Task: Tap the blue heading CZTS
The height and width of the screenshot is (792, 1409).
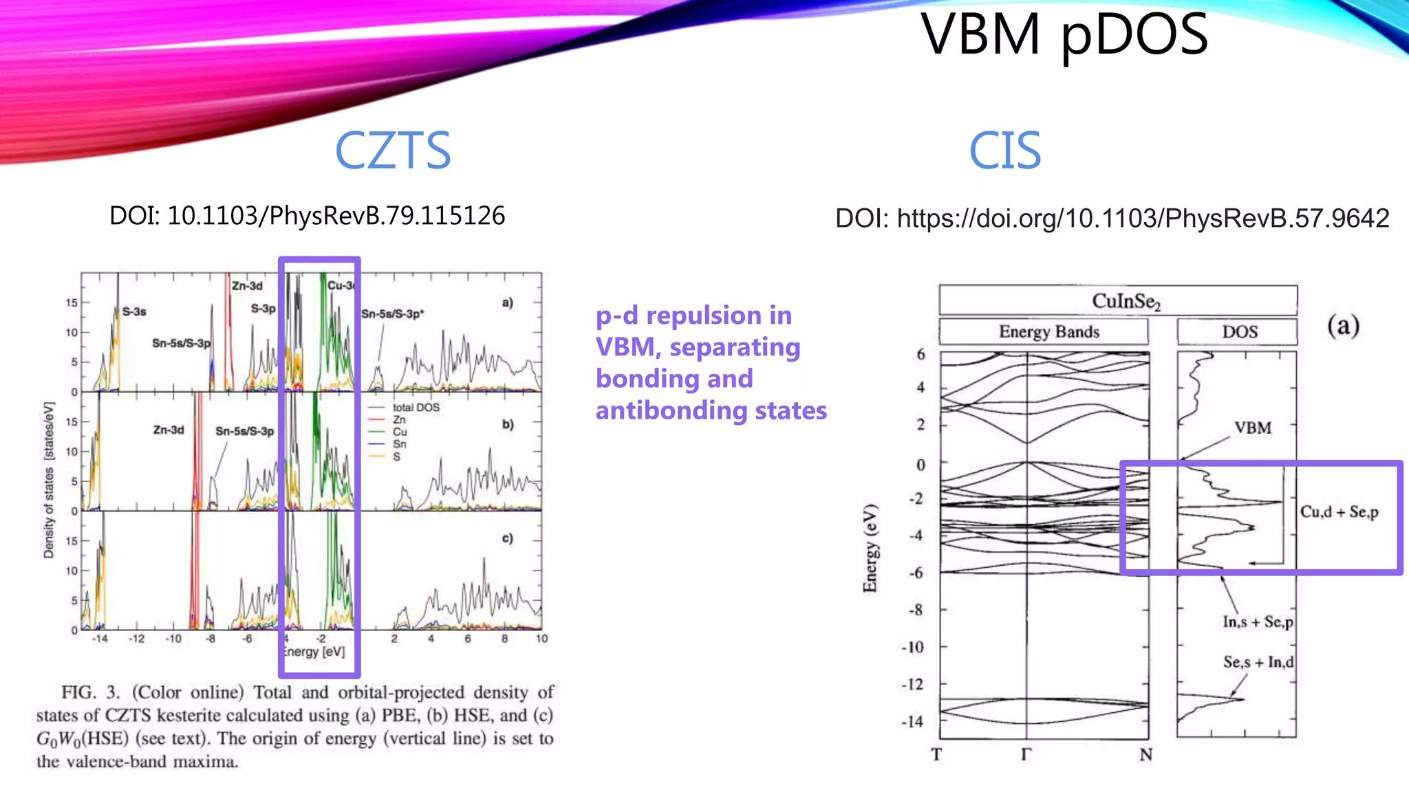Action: pyautogui.click(x=392, y=151)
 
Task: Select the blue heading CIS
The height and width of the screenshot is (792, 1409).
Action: pyautogui.click(x=1004, y=151)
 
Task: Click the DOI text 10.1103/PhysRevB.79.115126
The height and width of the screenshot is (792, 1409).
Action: pyautogui.click(x=308, y=216)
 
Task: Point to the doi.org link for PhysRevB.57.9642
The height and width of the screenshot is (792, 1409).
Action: pyautogui.click(x=1142, y=219)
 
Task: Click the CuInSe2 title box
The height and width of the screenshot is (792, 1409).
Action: pyautogui.click(x=1118, y=300)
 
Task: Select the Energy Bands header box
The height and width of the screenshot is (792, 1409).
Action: pyautogui.click(x=1043, y=331)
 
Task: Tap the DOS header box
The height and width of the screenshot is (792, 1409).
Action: pyautogui.click(x=1237, y=331)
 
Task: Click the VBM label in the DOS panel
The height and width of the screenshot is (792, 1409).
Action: pyautogui.click(x=1252, y=428)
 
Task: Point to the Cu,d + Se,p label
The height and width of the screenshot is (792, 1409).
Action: pyautogui.click(x=1339, y=511)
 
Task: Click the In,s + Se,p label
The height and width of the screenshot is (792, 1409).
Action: pyautogui.click(x=1258, y=622)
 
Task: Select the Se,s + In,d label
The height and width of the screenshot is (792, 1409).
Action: pyautogui.click(x=1258, y=662)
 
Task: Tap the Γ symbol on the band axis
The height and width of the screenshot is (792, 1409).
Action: pyautogui.click(x=1026, y=755)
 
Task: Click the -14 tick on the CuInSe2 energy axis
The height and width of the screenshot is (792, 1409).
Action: pyautogui.click(x=912, y=722)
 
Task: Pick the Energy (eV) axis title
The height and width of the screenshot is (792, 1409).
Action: pyautogui.click(x=870, y=548)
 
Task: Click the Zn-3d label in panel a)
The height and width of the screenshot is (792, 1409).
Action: pyautogui.click(x=247, y=286)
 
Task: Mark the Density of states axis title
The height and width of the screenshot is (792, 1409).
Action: pyautogui.click(x=49, y=480)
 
